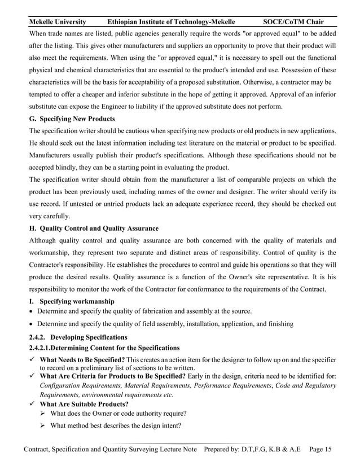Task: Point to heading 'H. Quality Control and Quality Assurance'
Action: point(93,228)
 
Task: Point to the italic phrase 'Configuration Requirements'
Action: point(85,385)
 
